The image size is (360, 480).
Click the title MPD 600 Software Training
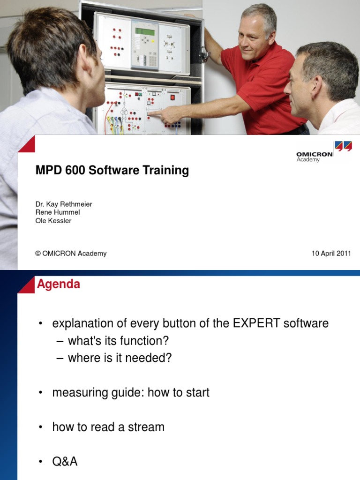tap(112, 171)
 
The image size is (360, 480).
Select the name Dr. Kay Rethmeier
tap(64, 204)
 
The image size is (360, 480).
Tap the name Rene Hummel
tap(58, 212)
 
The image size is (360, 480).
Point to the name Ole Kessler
tap(53, 221)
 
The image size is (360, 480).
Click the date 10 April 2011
tap(331, 254)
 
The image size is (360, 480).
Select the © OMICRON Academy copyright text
tap(71, 254)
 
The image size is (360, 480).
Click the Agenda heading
tap(59, 284)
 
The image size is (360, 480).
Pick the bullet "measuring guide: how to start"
tap(131, 392)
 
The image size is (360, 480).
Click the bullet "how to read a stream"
tap(108, 427)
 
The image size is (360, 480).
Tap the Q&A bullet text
tap(65, 462)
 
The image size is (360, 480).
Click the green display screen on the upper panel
tap(144, 31)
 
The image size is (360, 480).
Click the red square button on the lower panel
tap(172, 97)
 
